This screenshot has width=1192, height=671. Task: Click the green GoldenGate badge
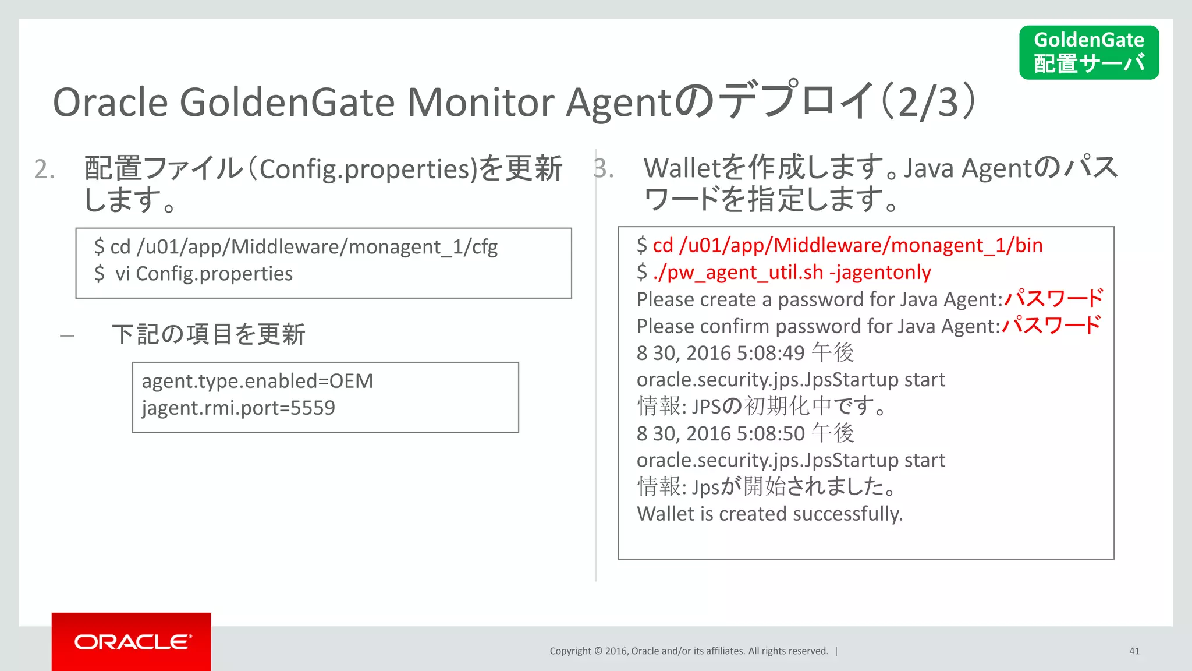[1088, 52]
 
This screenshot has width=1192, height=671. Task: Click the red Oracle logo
[132, 641]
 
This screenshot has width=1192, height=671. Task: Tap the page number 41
[1134, 651]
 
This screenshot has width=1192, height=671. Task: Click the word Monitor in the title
[480, 103]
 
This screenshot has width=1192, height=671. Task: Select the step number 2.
[44, 169]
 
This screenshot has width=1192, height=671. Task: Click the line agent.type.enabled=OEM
[257, 381]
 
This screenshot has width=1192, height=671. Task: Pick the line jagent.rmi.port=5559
[238, 408]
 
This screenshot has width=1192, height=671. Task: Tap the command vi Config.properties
[204, 274]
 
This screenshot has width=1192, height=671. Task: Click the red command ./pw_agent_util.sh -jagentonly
[792, 272]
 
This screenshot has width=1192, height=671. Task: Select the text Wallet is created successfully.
[769, 514]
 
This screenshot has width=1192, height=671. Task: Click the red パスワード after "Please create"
[1053, 298]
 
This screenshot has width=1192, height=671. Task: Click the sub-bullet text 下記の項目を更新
[208, 335]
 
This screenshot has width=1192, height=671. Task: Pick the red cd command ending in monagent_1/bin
[847, 245]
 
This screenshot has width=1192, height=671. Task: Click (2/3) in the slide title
[928, 103]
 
